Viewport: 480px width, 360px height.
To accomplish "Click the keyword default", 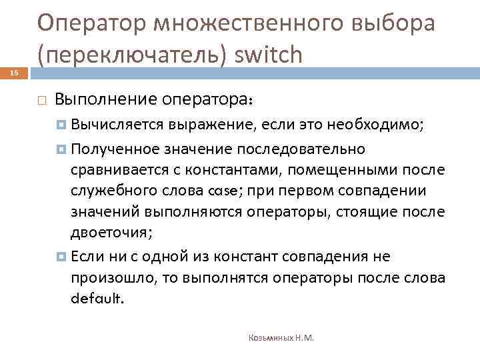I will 97,299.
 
